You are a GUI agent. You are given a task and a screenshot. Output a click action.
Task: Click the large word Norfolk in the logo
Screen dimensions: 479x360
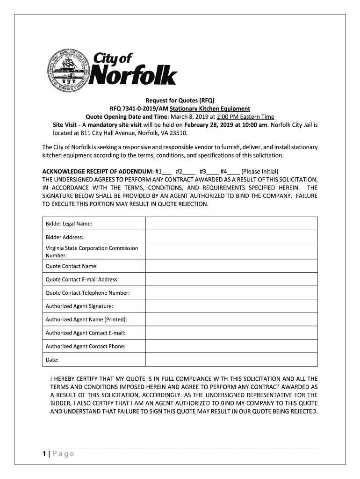(133, 76)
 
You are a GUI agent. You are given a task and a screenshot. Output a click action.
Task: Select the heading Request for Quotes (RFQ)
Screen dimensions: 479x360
(180, 101)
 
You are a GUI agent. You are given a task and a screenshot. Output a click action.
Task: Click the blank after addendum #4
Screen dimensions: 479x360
(234, 171)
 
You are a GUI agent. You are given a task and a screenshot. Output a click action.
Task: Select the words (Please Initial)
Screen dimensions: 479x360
(260, 171)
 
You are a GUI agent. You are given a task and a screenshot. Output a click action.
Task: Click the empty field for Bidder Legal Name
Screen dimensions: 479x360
(231, 224)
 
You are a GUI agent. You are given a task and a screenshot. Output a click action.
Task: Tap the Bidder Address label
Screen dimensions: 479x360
(65, 237)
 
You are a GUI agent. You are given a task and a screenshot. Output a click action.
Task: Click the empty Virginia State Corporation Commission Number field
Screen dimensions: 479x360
(231, 252)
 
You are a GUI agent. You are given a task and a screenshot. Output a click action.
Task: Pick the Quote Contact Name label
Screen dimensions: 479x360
(72, 266)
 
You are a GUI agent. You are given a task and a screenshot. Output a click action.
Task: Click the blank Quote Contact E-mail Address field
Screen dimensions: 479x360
(231, 279)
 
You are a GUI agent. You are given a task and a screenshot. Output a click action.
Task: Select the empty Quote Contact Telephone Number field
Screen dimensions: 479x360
(231, 293)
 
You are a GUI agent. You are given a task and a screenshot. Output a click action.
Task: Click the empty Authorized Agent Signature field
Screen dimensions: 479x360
(231, 306)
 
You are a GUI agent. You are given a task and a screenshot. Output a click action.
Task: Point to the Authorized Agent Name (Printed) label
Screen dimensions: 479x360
(86, 319)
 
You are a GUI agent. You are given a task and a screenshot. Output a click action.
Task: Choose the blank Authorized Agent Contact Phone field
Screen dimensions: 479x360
(231, 346)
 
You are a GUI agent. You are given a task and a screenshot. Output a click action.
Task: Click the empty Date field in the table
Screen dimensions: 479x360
(231, 360)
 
